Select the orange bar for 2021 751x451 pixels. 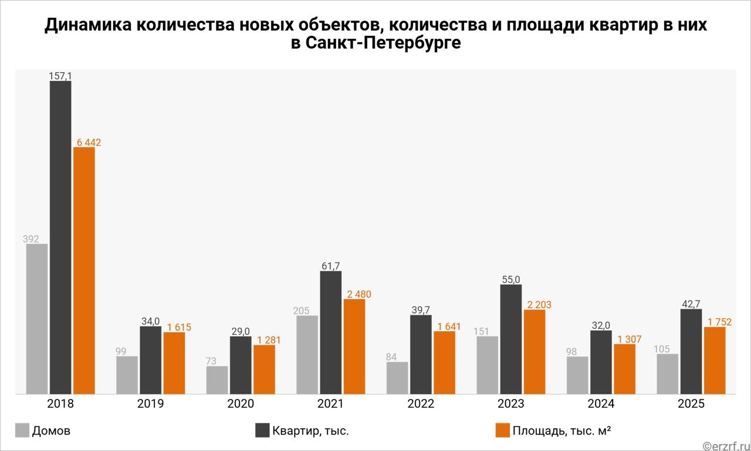click(354, 346)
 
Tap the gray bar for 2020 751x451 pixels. click(217, 380)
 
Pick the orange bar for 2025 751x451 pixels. click(715, 360)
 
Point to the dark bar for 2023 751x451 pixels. click(511, 339)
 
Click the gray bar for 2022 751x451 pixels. click(397, 378)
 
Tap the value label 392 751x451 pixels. click(31, 239)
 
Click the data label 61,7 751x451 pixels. click(331, 266)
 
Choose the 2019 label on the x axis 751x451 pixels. click(150, 404)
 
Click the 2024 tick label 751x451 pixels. click(601, 404)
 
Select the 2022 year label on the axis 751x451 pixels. click(421, 404)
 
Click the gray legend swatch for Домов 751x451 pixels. click(22, 430)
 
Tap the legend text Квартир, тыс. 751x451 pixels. click(310, 431)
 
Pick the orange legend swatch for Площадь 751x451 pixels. click(502, 430)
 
